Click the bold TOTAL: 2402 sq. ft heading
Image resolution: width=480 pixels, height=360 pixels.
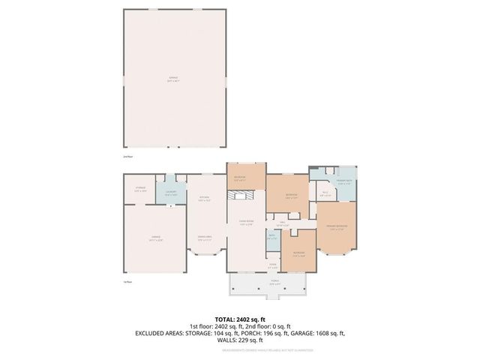click(239, 319)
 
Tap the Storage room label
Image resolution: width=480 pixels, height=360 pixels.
click(139, 188)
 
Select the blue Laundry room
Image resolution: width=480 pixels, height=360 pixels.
click(170, 193)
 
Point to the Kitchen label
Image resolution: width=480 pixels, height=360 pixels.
click(202, 199)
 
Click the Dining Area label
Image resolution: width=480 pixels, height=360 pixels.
click(203, 238)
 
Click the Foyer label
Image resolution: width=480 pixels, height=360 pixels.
click(274, 265)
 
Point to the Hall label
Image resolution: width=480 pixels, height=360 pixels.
click(283, 223)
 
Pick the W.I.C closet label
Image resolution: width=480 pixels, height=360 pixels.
click(325, 193)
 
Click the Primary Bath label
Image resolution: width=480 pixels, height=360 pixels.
click(344, 181)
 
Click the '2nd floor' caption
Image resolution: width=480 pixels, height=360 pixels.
click(127, 157)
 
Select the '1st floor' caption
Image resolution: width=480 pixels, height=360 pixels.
click(127, 281)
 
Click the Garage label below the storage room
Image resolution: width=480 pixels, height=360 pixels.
click(155, 239)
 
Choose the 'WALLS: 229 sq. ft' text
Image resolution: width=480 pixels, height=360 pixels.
click(239, 340)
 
